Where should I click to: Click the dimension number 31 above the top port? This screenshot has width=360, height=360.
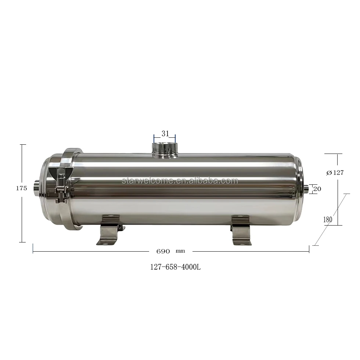click(165, 134)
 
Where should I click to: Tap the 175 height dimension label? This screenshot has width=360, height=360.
click(22, 188)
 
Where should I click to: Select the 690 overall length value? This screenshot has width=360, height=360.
click(163, 252)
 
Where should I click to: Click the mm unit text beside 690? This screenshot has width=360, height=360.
click(180, 252)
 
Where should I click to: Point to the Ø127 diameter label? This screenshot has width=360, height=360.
click(335, 173)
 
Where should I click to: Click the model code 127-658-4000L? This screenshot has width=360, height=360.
click(175, 267)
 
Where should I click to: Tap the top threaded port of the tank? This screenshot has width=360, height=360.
click(165, 149)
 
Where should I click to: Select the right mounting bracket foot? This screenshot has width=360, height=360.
click(241, 231)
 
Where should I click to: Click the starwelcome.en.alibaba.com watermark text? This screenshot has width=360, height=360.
click(180, 181)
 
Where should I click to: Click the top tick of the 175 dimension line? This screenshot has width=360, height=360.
click(23, 145)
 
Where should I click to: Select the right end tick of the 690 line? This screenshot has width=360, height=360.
click(309, 249)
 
